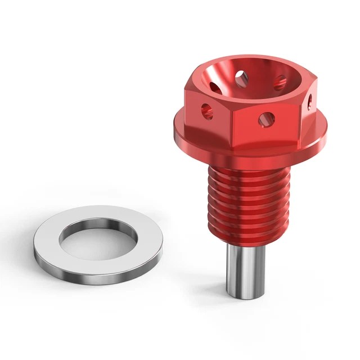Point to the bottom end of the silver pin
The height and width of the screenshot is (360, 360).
(x=245, y=294)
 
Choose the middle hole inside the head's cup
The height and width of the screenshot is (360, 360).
(x=240, y=75)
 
